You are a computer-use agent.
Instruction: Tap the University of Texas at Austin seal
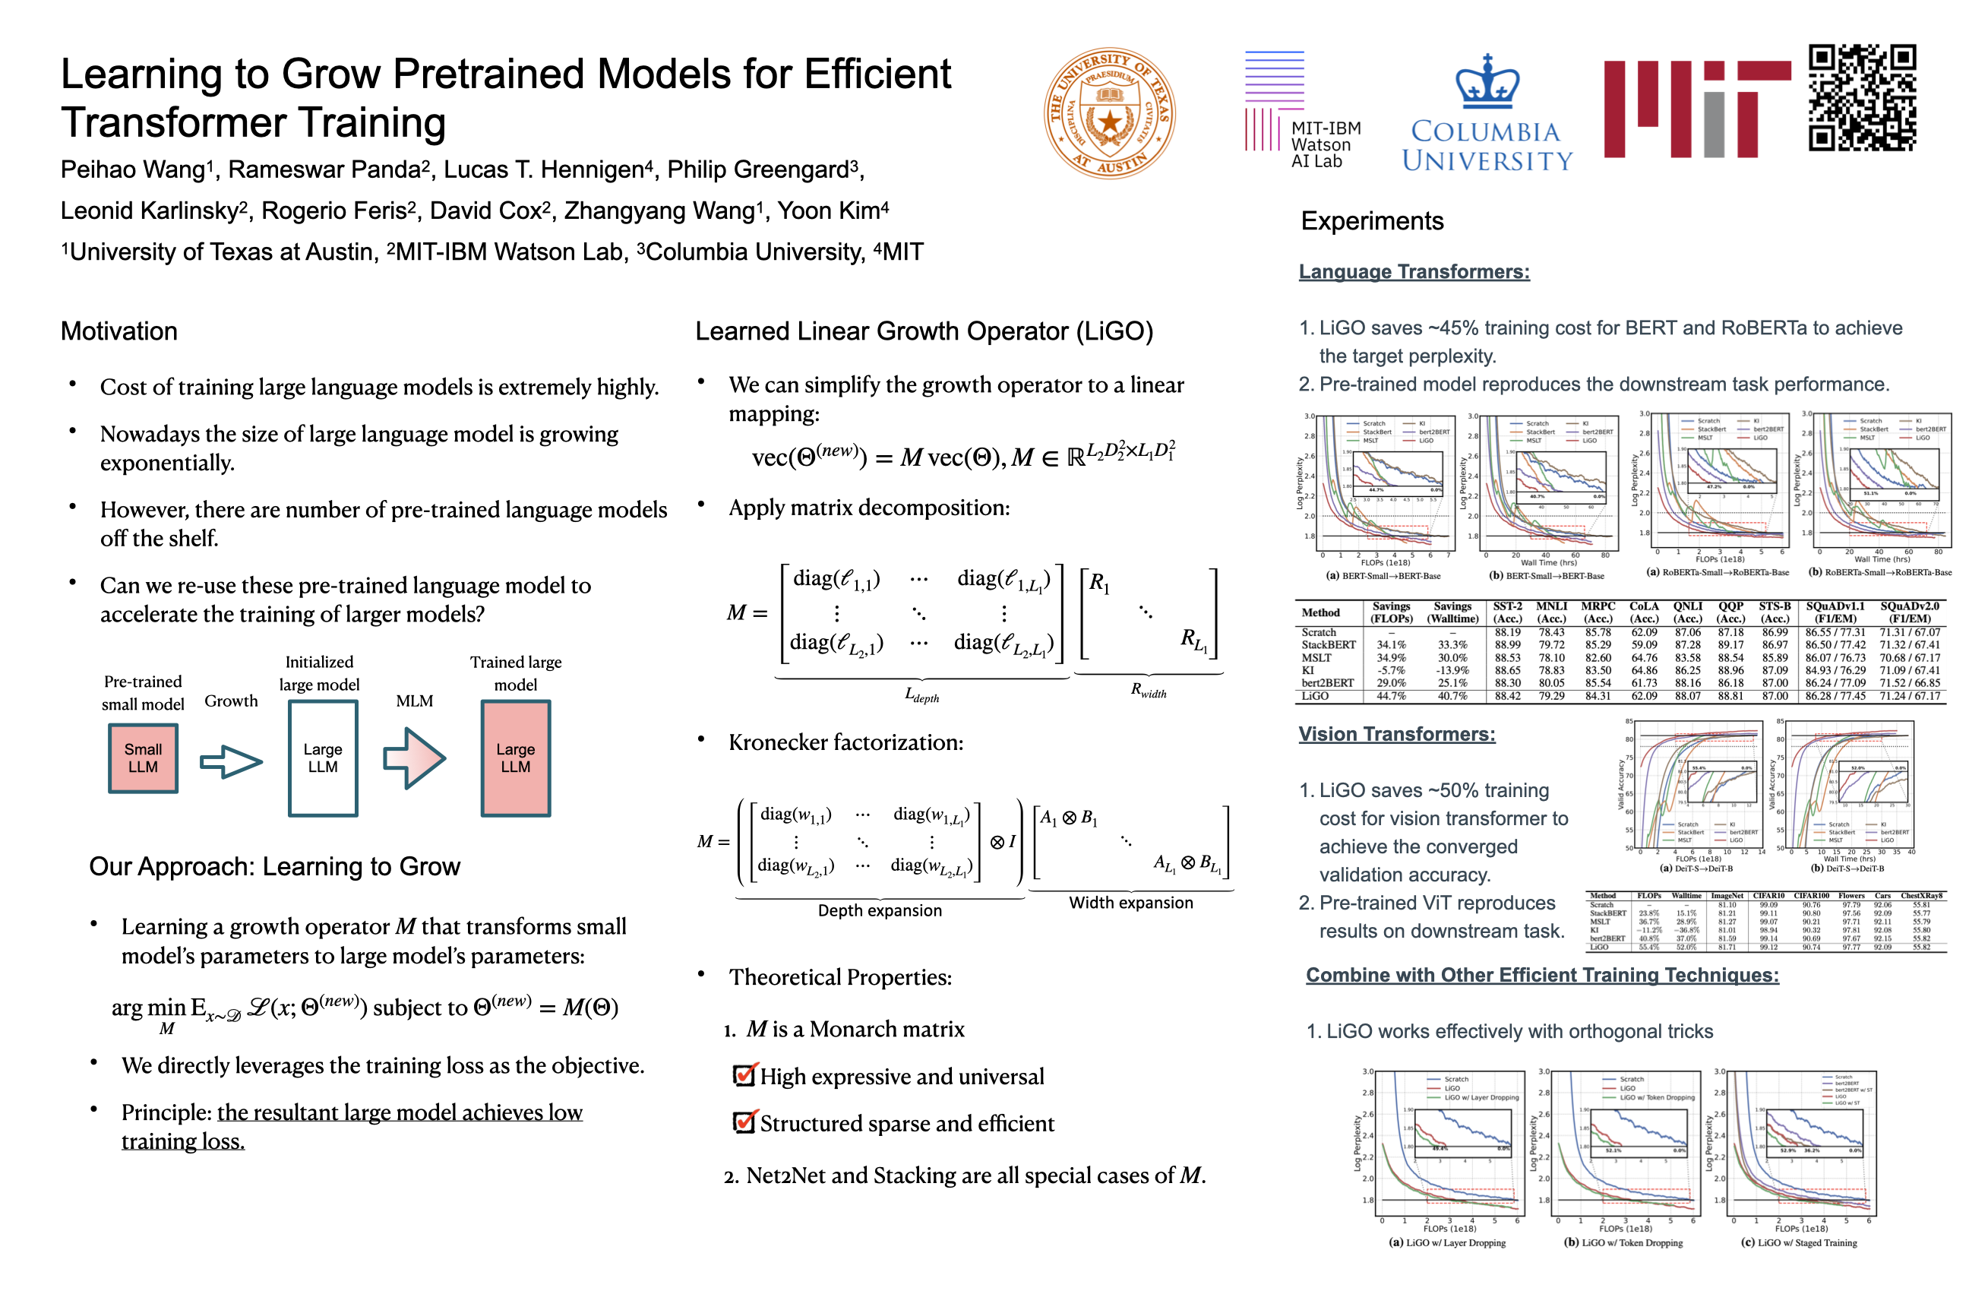1109,113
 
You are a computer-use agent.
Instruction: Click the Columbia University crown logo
1487,82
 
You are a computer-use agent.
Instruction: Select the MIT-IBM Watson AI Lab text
1326,144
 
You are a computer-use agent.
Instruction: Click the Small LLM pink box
143,758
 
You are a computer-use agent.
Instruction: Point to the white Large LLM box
322,758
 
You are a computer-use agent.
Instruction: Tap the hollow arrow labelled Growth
231,761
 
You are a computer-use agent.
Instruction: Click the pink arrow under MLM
415,758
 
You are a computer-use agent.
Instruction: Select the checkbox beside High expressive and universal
744,1075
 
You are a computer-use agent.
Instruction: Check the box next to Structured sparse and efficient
744,1122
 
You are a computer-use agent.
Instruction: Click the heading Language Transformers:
1413,271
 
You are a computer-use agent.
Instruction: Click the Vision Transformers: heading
1395,733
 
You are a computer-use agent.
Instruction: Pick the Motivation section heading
119,331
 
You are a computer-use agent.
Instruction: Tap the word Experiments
1371,221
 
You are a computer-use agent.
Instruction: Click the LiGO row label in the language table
1314,696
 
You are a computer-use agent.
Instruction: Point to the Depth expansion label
879,910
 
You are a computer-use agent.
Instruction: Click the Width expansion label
1130,902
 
